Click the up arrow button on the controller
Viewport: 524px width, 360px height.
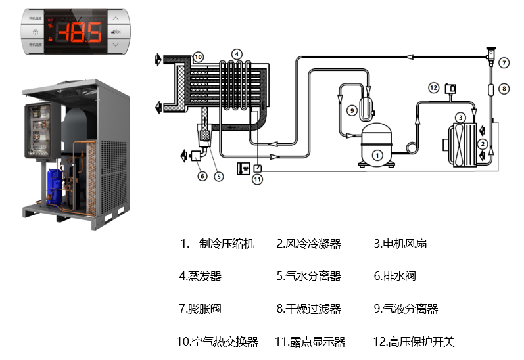[116, 19]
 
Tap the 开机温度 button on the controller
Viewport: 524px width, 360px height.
[34, 19]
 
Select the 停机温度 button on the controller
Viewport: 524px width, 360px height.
[34, 45]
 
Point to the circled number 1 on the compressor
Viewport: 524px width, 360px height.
[377, 155]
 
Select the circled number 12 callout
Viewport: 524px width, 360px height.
[433, 87]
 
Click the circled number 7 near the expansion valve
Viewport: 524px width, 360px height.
[504, 63]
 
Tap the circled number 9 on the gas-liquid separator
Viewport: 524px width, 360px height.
[352, 110]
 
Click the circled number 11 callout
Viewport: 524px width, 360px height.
[258, 179]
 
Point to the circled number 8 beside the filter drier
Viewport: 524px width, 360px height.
[504, 88]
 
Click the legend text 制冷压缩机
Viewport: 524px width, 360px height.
[226, 244]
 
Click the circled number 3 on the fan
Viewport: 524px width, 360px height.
[461, 117]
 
